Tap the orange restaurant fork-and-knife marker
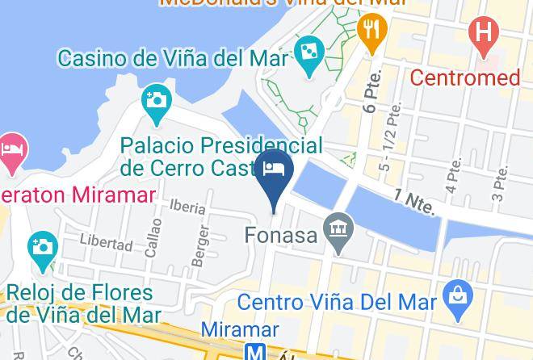(x=371, y=31)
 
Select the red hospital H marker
(x=484, y=34)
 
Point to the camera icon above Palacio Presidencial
(x=155, y=102)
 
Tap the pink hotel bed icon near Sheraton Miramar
(x=11, y=150)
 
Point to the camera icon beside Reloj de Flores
(x=42, y=246)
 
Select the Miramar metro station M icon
(x=255, y=352)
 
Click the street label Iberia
(x=187, y=207)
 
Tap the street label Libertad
(x=106, y=242)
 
